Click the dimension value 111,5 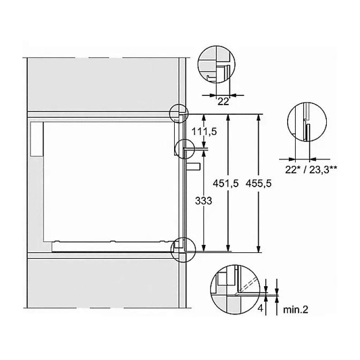[x=204, y=132]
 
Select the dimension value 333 [x=204, y=201]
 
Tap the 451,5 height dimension [x=226, y=183]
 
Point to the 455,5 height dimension [x=259, y=183]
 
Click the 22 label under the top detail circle [x=223, y=101]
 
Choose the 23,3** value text [x=323, y=170]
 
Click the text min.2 [x=296, y=310]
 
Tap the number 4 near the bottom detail [x=260, y=309]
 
